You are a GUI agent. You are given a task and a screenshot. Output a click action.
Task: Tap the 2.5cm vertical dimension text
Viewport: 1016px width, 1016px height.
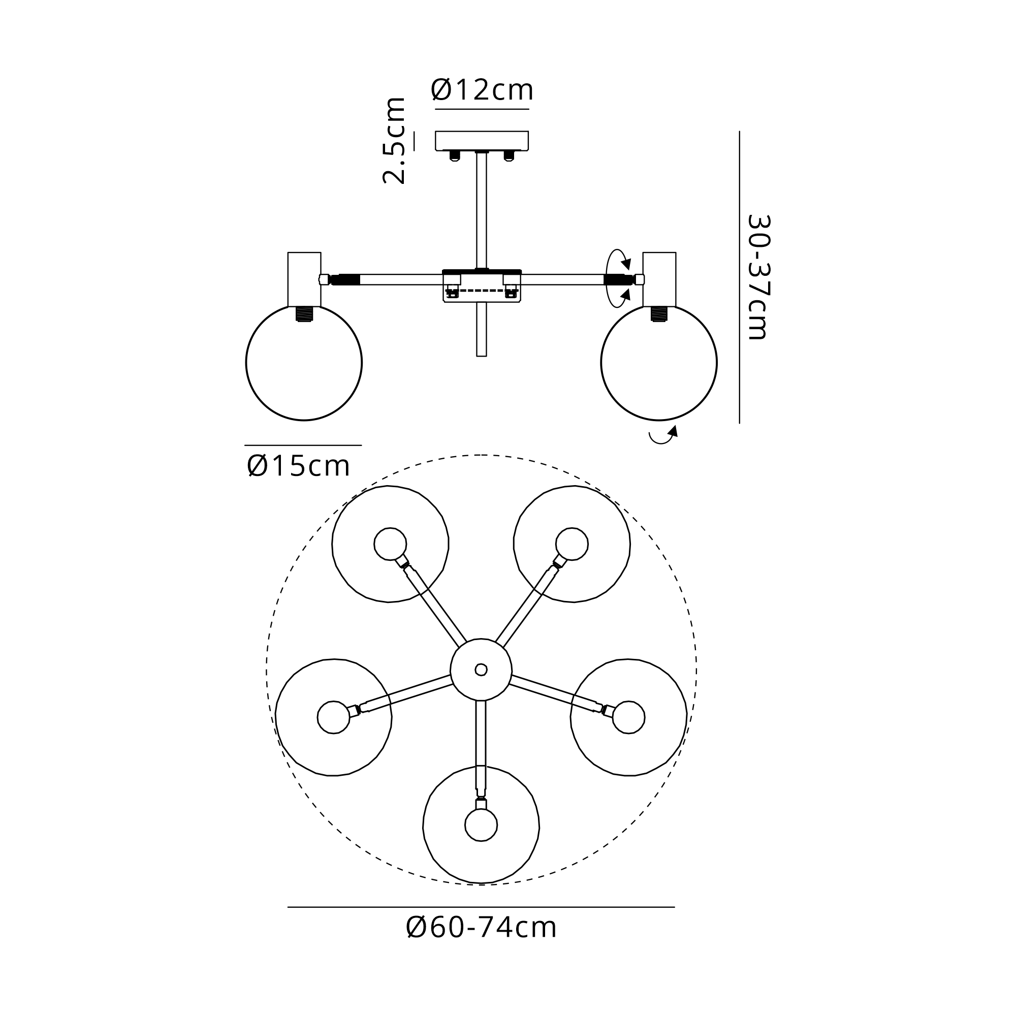coord(394,140)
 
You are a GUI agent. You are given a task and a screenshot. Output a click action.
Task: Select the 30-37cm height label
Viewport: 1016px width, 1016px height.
coord(759,277)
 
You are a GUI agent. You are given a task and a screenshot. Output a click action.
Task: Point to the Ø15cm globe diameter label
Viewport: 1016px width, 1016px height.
coord(298,466)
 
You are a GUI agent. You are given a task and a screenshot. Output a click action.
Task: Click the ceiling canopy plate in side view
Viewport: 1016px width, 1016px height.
coord(482,141)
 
